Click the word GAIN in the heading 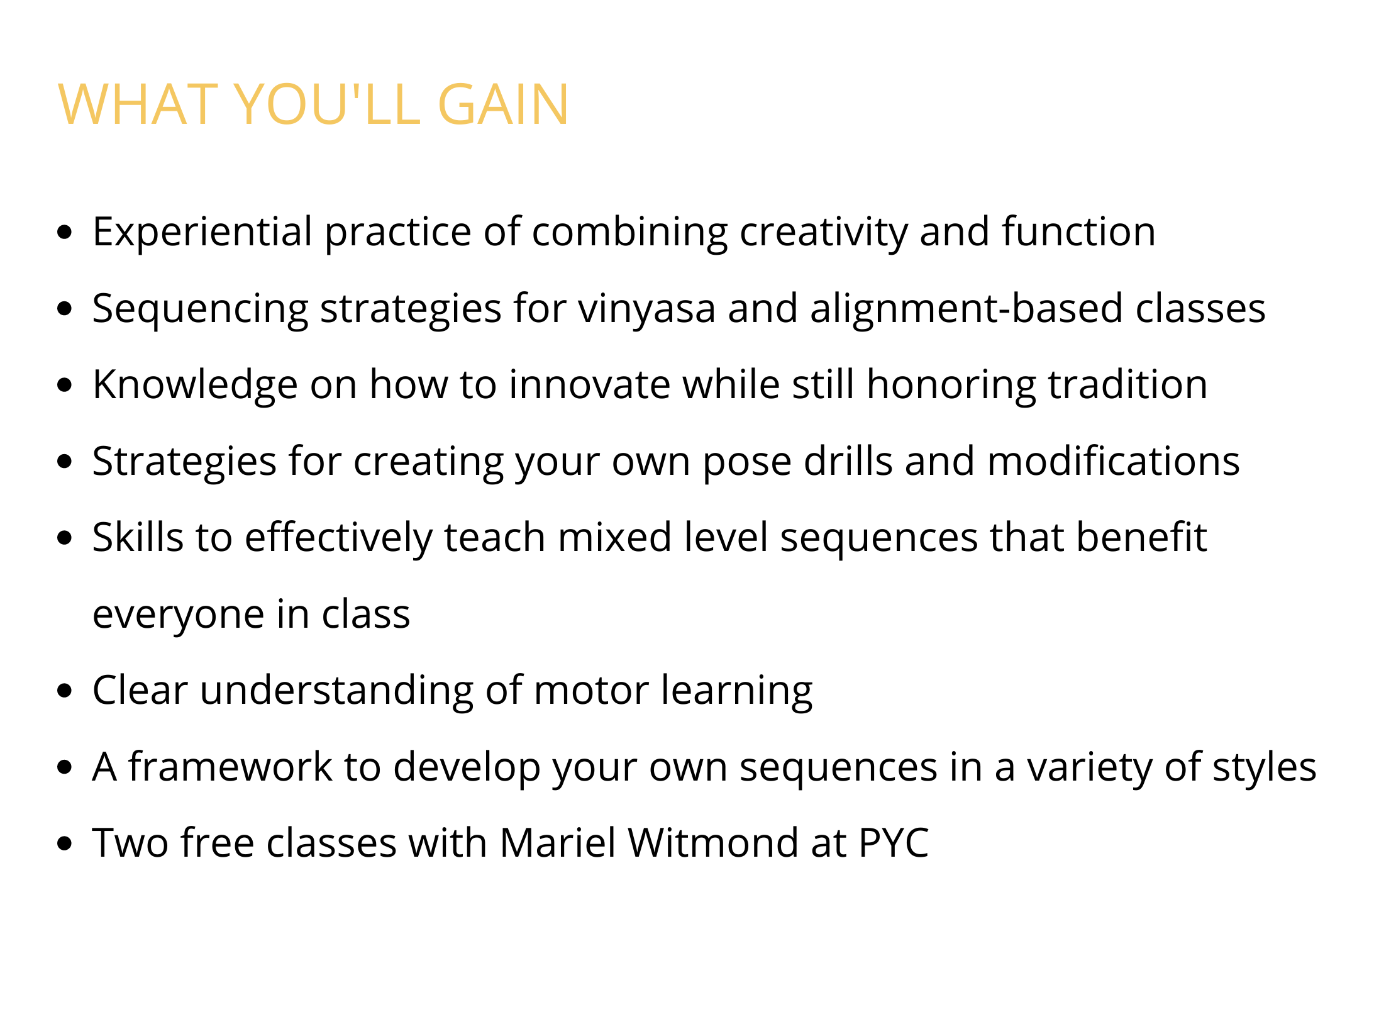503,104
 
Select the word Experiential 202,233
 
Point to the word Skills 138,538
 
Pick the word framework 231,767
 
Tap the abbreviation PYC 894,844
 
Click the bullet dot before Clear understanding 65,691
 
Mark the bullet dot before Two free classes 65,844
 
